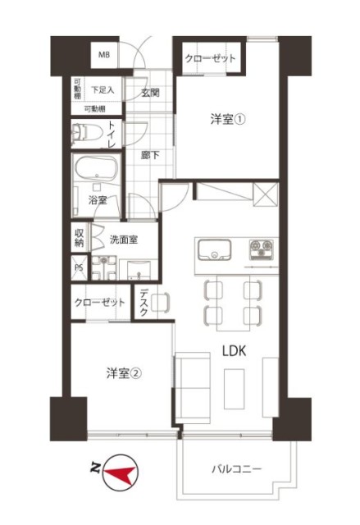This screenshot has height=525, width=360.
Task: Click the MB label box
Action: point(104,55)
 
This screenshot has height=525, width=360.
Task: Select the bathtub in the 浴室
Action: point(97,171)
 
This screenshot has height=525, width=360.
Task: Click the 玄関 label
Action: point(150,91)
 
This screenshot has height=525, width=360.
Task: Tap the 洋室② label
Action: point(124,373)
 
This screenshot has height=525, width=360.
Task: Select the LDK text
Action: point(237,351)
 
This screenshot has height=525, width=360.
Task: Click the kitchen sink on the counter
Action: point(216,249)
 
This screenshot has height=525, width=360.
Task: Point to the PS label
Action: point(80,267)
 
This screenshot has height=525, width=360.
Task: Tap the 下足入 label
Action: point(103,89)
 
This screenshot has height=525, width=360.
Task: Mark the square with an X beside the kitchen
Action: point(267,195)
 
